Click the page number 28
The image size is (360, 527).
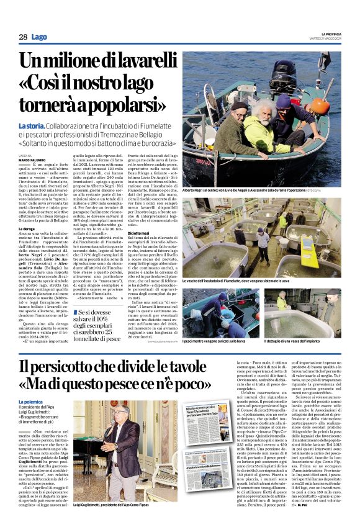[23, 37]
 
